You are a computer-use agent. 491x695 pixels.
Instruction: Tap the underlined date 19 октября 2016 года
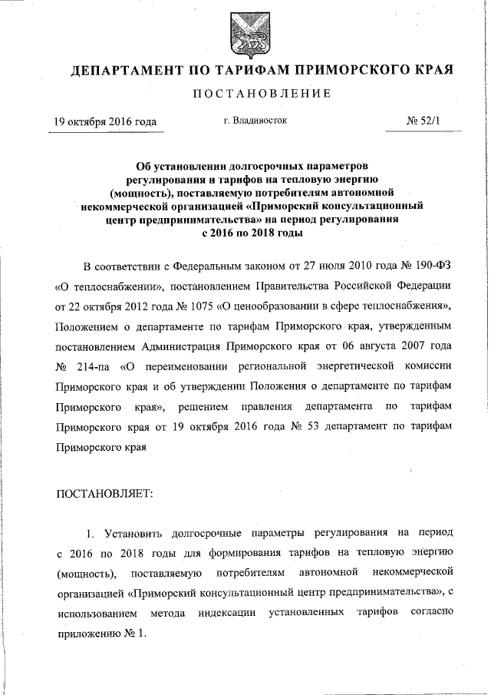(x=105, y=122)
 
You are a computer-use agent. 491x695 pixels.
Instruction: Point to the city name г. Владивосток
(x=255, y=121)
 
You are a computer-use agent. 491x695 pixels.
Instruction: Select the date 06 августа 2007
(x=372, y=346)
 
